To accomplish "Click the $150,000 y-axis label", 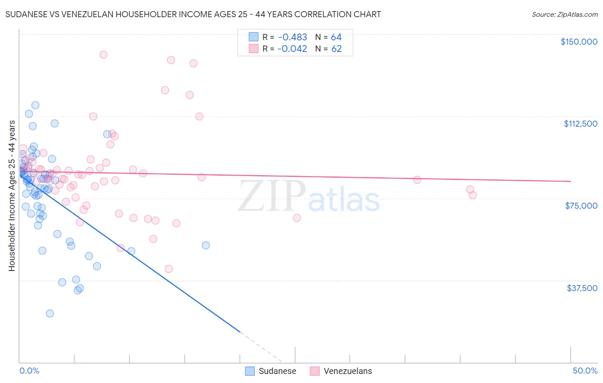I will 579,42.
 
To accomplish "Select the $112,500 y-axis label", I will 580,124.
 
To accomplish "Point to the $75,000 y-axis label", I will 581,206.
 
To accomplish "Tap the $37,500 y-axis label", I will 582,288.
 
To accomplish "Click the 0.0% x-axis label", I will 29,371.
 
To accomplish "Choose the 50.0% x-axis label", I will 585,371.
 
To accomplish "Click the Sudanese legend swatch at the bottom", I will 250,371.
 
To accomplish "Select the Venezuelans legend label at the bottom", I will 347,371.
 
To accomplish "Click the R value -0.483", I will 292,37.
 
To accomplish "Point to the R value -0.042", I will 292,49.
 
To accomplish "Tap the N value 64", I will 336,37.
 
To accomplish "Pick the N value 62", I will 336,49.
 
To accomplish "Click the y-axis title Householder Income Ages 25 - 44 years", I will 12,195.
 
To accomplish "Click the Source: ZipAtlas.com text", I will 564,15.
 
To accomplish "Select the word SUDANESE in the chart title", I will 25,15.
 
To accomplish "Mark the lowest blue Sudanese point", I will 50,313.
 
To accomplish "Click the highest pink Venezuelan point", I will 103,55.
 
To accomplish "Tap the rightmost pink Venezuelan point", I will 473,195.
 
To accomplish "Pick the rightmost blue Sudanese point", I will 206,245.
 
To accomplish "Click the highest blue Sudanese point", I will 35,105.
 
